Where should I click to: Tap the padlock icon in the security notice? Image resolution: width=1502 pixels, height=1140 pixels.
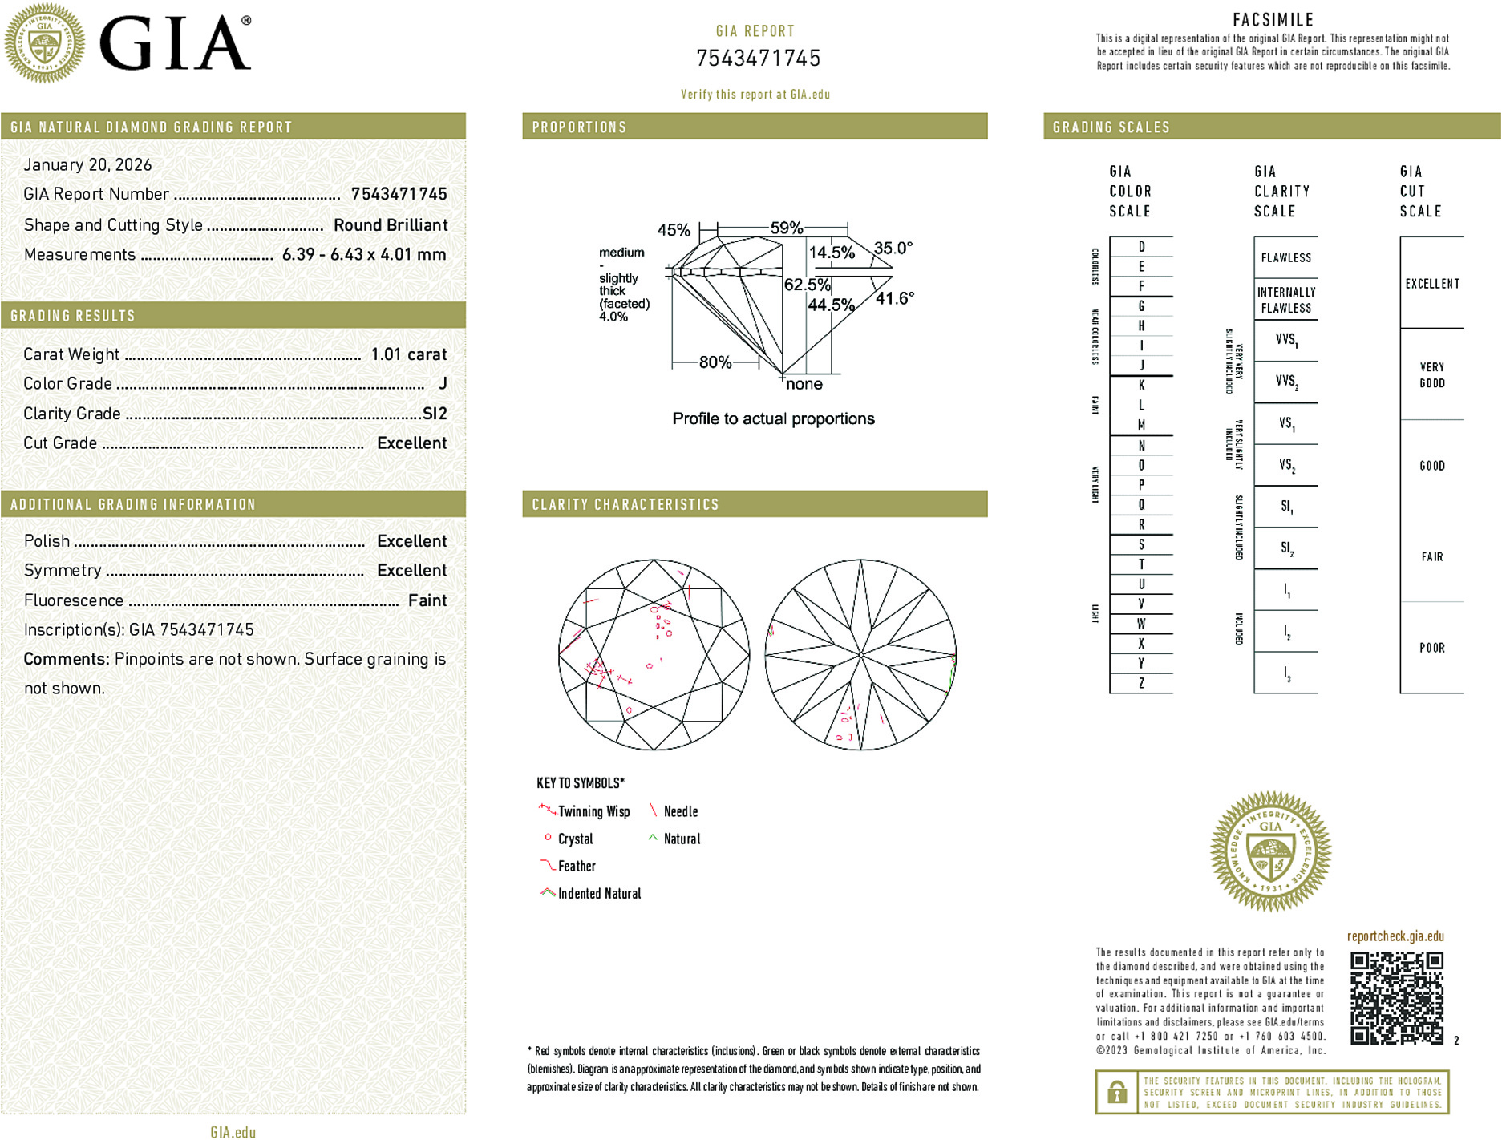(x=1116, y=1092)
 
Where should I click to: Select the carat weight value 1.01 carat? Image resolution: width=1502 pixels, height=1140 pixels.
(x=408, y=354)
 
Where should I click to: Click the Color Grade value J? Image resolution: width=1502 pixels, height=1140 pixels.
(x=443, y=383)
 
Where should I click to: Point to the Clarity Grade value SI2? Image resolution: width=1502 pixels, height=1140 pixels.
(x=435, y=414)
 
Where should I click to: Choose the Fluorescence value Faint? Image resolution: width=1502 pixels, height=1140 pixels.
(x=427, y=600)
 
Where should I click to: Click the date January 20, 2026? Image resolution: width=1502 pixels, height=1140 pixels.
(x=87, y=164)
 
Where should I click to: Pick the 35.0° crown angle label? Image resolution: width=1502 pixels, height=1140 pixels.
(x=893, y=248)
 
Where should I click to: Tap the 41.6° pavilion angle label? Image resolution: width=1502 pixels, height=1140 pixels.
(x=894, y=298)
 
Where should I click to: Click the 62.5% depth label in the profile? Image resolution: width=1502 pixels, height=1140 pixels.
(x=807, y=285)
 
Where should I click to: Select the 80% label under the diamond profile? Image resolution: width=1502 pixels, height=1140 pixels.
(x=715, y=362)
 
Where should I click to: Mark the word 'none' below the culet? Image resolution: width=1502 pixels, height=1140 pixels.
(x=804, y=384)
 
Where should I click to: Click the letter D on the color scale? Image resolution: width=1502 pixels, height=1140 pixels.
(x=1141, y=247)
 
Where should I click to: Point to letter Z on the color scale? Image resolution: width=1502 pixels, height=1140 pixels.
(x=1141, y=683)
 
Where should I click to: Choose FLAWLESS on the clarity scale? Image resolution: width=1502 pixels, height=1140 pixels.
(x=1285, y=258)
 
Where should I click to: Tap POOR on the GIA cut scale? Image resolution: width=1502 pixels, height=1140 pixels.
(x=1431, y=648)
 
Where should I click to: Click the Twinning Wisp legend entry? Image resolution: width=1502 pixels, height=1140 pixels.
(x=593, y=811)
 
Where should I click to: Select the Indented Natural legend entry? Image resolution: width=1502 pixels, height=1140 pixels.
(x=598, y=894)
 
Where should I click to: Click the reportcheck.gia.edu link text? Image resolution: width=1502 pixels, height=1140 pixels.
(x=1395, y=936)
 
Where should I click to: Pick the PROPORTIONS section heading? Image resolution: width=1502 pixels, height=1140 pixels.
(x=579, y=127)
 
